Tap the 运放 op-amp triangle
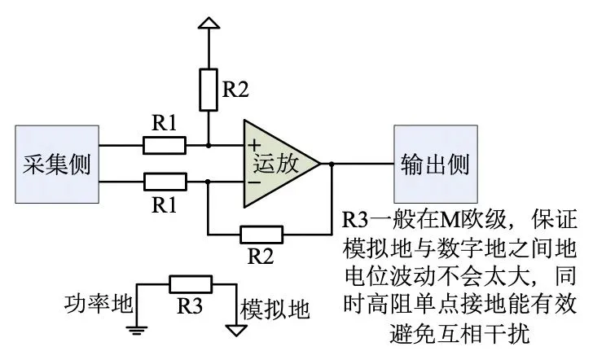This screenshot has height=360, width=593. click(x=278, y=163)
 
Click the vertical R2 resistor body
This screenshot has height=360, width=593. click(x=209, y=90)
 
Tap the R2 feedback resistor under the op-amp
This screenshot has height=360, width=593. click(x=261, y=235)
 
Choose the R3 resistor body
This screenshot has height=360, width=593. click(x=191, y=284)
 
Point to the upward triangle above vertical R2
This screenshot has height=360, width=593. click(x=209, y=25)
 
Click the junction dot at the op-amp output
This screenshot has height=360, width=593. click(x=332, y=163)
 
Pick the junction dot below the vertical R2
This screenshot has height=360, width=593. click(x=209, y=146)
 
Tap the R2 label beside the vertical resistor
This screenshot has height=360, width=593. click(x=236, y=90)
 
